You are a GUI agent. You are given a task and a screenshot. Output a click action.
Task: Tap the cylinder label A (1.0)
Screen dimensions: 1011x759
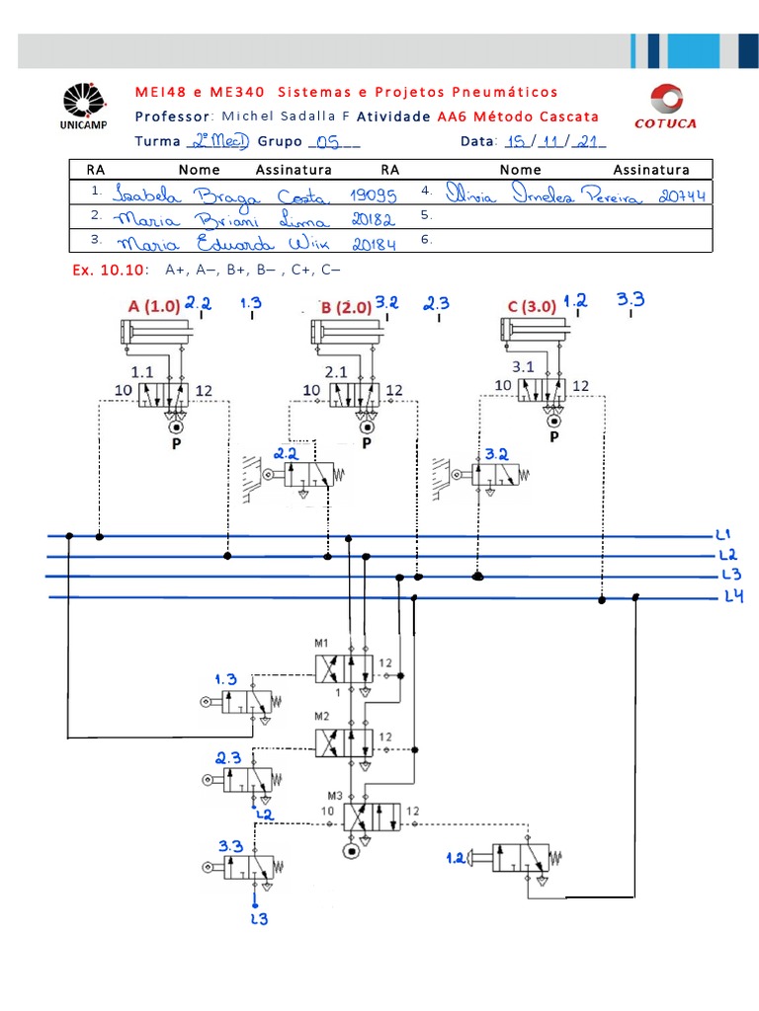[x=153, y=307]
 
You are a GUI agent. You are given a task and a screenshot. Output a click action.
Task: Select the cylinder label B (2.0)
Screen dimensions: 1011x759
[x=346, y=307]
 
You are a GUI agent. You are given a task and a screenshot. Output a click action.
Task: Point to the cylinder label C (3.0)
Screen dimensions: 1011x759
[x=532, y=307]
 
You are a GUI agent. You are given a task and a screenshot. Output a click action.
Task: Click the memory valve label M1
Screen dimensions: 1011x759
[x=322, y=645]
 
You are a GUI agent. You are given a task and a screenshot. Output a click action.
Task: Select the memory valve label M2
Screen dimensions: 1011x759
[x=322, y=716]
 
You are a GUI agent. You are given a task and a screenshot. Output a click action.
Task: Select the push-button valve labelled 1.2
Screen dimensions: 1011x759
[x=520, y=858]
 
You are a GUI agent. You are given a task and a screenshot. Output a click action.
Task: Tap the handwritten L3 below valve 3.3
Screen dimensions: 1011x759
[x=258, y=919]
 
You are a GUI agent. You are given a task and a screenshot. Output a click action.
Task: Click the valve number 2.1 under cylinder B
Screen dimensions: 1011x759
[x=335, y=371]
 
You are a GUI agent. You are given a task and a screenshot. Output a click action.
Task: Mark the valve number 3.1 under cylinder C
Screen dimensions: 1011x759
[x=523, y=366]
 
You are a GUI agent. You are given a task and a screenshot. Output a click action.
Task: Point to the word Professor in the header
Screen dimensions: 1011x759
[x=171, y=116]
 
